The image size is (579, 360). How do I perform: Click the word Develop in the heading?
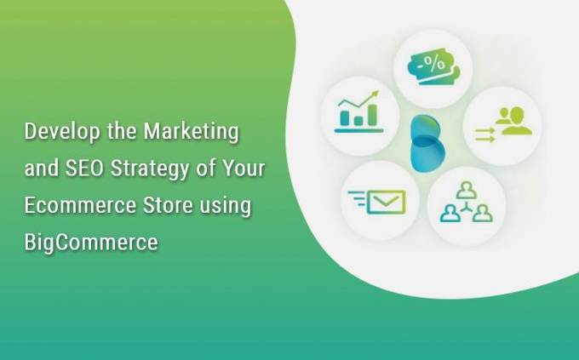(62, 132)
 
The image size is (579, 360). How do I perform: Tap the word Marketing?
(192, 132)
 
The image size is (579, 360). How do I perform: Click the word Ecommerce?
(80, 205)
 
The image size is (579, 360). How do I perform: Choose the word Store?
(168, 205)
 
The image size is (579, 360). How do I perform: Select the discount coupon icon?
(433, 69)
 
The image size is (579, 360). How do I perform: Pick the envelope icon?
(387, 202)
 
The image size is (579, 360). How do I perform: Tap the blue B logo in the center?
(427, 143)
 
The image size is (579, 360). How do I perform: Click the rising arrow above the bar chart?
(358, 100)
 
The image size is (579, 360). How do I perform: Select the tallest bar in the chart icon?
(372, 114)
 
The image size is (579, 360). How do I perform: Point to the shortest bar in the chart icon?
(358, 120)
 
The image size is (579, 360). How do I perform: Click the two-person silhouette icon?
(513, 121)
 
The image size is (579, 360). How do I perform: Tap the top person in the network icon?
(467, 191)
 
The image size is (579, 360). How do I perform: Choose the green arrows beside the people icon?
(484, 134)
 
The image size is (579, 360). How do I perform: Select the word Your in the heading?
(244, 168)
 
